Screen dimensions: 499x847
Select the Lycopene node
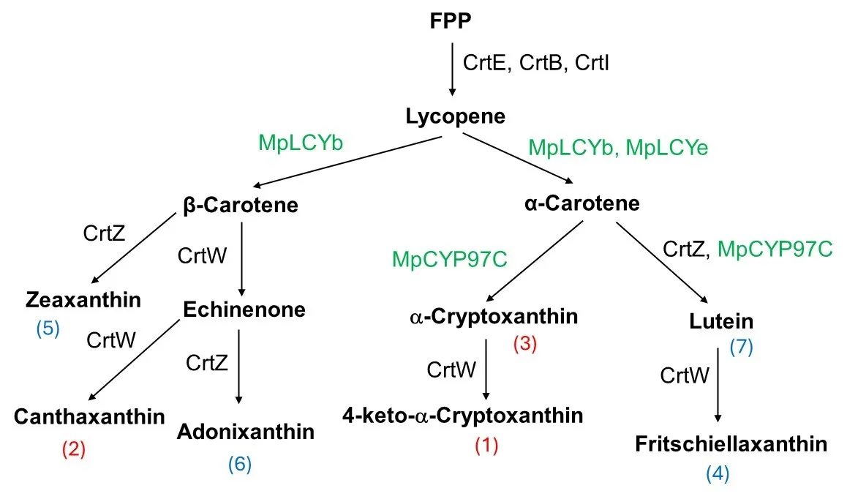pyautogui.click(x=455, y=116)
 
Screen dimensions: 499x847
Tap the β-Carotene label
pyautogui.click(x=241, y=205)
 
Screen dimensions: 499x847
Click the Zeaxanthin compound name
pyautogui.click(x=83, y=299)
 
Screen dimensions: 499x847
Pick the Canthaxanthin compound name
pyautogui.click(x=89, y=417)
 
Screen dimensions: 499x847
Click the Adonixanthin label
pyautogui.click(x=246, y=432)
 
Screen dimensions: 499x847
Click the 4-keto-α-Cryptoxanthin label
pyautogui.click(x=463, y=416)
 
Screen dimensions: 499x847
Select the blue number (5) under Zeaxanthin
pyautogui.click(x=48, y=329)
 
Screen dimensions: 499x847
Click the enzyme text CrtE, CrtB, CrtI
pyautogui.click(x=536, y=62)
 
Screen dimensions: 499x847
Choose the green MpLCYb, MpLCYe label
pyautogui.click(x=618, y=147)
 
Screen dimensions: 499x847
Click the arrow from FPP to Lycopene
pyautogui.click(x=452, y=69)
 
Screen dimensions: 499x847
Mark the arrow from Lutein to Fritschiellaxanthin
pyautogui.click(x=718, y=384)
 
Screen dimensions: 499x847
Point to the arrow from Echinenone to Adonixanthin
pyautogui.click(x=238, y=366)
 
